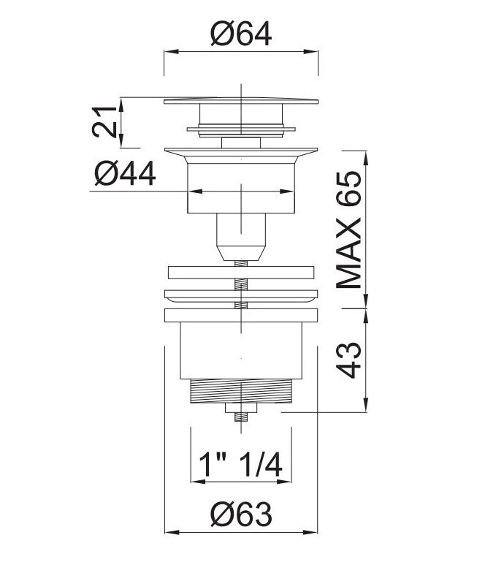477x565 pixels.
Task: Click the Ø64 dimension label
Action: (241, 34)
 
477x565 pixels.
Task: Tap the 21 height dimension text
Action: (104, 122)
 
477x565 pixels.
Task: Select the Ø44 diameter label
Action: (126, 173)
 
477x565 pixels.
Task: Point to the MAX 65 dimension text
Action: (348, 230)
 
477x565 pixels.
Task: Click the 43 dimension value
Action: (348, 360)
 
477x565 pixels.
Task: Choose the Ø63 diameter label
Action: (241, 514)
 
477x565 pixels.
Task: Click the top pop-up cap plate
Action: (241, 101)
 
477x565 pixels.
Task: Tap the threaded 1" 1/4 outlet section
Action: (241, 391)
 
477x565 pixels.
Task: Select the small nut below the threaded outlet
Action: (241, 408)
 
